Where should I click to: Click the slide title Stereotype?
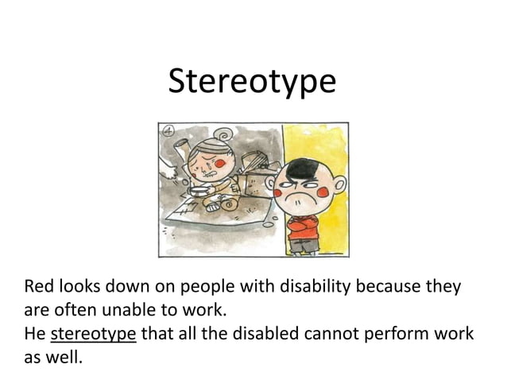(x=253, y=82)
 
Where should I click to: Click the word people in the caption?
(x=207, y=286)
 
